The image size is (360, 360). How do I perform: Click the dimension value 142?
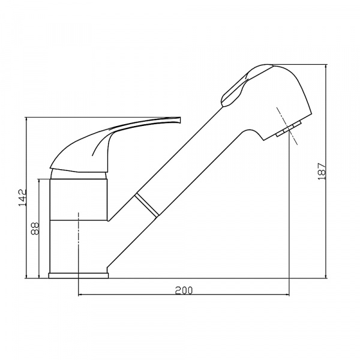(23, 197)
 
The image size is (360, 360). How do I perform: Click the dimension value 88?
(35, 229)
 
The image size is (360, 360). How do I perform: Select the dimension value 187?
(322, 172)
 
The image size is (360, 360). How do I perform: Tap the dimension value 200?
(184, 290)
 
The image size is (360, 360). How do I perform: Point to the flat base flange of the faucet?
(78, 275)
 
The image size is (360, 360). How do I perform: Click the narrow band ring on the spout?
(147, 205)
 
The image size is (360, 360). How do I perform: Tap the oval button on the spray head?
(235, 88)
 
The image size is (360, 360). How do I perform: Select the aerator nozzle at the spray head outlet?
(289, 129)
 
